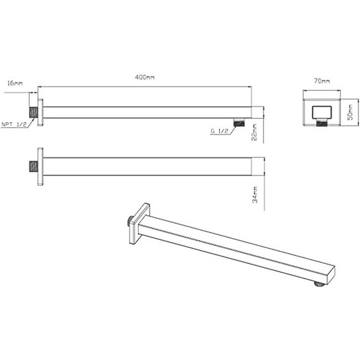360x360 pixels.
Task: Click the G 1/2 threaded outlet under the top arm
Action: point(238,122)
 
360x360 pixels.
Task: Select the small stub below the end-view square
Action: point(320,130)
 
